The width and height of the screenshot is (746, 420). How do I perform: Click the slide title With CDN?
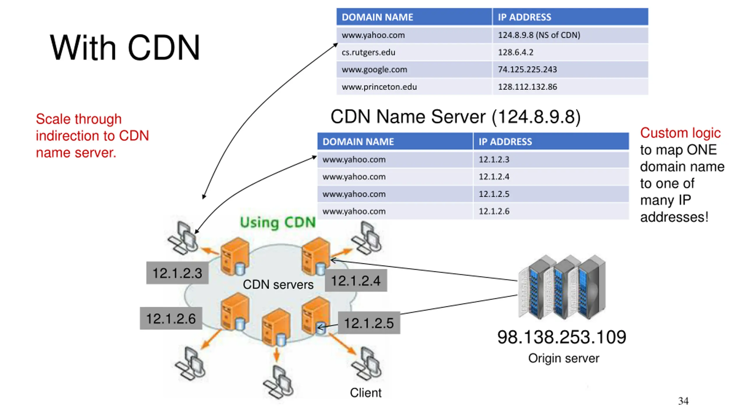[125, 48]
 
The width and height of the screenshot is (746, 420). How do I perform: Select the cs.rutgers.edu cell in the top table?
[414, 52]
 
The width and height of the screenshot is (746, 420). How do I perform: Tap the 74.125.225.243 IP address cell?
[570, 69]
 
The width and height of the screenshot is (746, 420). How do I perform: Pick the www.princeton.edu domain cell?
[414, 87]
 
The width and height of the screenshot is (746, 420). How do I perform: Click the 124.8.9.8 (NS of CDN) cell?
[570, 35]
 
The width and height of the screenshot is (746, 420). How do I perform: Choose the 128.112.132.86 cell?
[570, 87]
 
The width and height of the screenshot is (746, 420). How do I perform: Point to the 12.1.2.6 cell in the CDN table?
[551, 211]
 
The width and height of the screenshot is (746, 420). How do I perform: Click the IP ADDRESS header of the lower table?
[551, 141]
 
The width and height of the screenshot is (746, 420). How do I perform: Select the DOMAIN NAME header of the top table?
[414, 17]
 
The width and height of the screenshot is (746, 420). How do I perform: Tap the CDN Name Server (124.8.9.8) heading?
[455, 117]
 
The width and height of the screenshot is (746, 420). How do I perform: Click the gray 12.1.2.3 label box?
[177, 273]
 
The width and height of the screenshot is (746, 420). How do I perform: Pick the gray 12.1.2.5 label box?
[369, 323]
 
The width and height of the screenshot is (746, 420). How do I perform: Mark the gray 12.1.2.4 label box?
[356, 281]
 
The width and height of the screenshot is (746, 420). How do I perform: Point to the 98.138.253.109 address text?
[562, 337]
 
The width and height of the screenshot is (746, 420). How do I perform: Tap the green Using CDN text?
[278, 223]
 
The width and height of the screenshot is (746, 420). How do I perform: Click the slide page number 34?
[683, 401]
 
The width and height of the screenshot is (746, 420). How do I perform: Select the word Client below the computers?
[365, 393]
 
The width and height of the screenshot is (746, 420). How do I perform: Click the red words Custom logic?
[680, 133]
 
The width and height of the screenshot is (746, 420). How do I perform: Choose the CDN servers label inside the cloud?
[278, 285]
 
